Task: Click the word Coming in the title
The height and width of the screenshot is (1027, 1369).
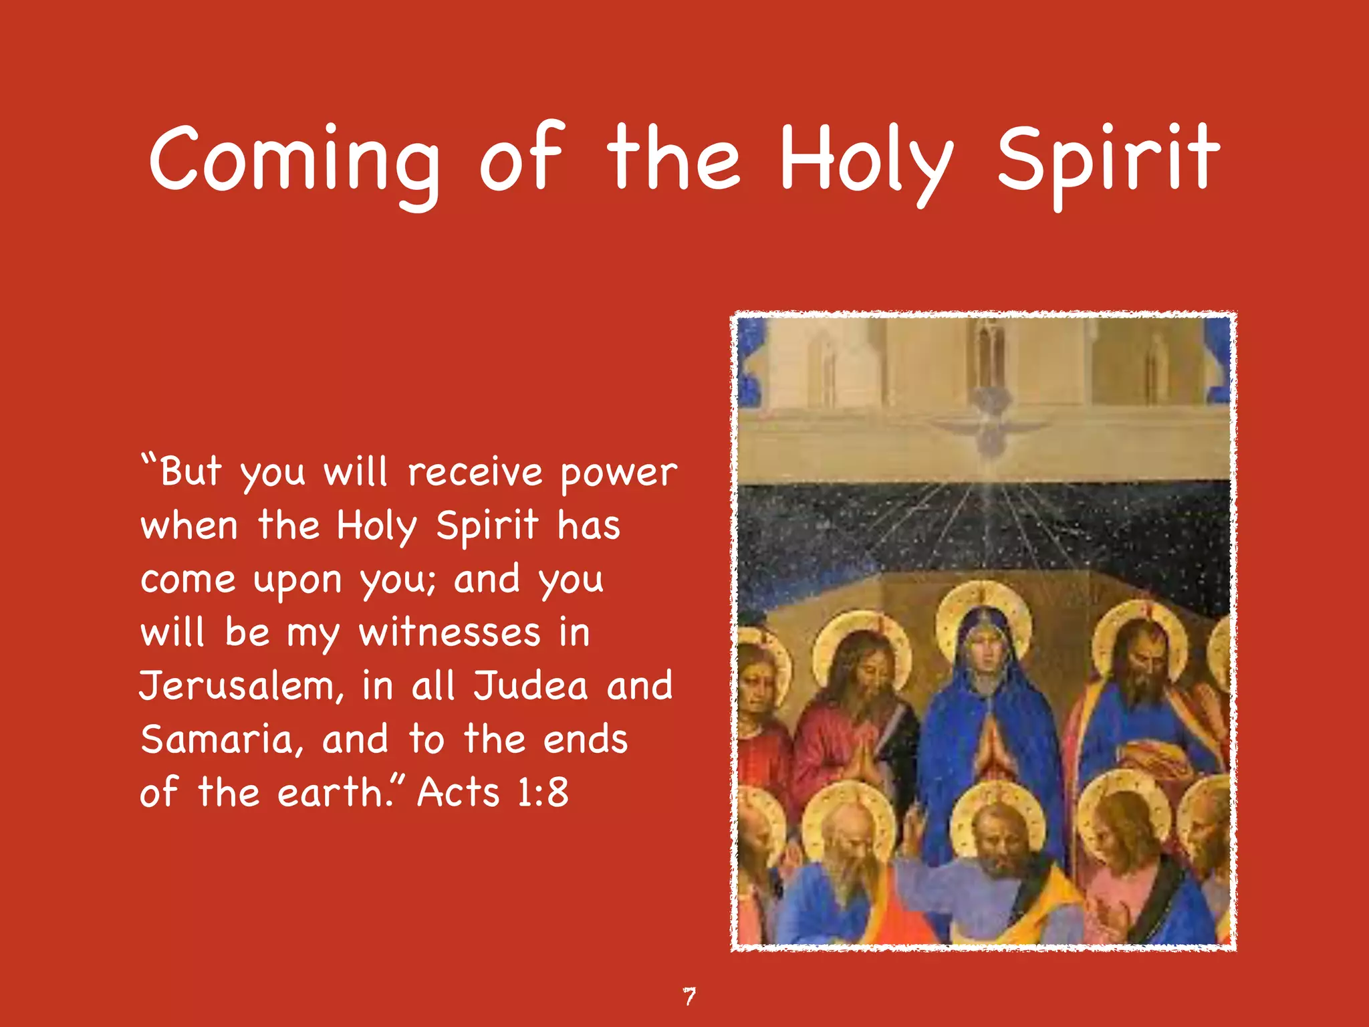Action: point(294,160)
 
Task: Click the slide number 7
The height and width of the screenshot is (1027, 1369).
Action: point(689,996)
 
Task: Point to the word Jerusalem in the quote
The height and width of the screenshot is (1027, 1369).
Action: point(241,687)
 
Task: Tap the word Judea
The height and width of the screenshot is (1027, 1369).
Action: point(531,687)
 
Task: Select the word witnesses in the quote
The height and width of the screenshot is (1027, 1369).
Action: point(449,633)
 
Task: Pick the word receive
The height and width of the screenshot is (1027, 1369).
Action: point(475,473)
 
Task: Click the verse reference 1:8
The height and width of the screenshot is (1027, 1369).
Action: point(542,794)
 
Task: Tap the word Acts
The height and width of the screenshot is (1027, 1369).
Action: point(459,794)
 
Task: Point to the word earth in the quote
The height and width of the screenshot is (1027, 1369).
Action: point(331,794)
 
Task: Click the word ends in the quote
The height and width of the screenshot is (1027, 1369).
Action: point(585,740)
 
